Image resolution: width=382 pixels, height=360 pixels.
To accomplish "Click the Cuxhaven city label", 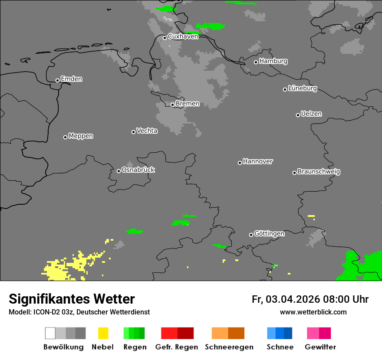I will click(x=183, y=36).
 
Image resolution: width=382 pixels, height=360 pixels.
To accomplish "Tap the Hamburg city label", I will click(x=273, y=61).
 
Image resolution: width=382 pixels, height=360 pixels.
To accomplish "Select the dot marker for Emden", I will click(x=57, y=80).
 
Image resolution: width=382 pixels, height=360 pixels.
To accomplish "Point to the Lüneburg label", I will click(x=302, y=88).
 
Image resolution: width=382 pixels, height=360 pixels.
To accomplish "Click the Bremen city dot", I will click(x=172, y=105).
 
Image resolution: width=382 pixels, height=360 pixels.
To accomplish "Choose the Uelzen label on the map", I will click(x=311, y=114).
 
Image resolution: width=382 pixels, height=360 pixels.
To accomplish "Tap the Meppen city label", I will click(x=81, y=136).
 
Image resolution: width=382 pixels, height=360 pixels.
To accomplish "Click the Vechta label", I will click(x=147, y=131).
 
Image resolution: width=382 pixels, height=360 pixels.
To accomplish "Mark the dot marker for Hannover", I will click(x=240, y=163).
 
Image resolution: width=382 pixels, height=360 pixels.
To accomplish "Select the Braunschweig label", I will click(x=319, y=172).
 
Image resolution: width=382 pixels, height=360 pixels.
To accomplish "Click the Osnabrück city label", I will click(x=138, y=170).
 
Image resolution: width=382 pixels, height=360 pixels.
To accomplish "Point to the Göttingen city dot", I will click(x=251, y=235).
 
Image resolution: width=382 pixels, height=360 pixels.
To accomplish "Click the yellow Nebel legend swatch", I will click(x=103, y=333).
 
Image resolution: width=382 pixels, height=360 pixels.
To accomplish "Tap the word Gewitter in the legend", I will click(x=320, y=347).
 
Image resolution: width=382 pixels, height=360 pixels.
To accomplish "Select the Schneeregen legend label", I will click(x=229, y=347).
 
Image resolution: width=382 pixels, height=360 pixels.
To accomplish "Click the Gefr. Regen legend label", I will click(x=176, y=347).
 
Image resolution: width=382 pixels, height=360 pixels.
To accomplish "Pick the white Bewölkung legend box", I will click(x=50, y=333).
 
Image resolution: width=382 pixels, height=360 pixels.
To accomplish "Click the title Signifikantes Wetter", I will click(x=72, y=299).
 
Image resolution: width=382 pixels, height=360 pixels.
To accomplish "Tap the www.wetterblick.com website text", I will click(x=313, y=312).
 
